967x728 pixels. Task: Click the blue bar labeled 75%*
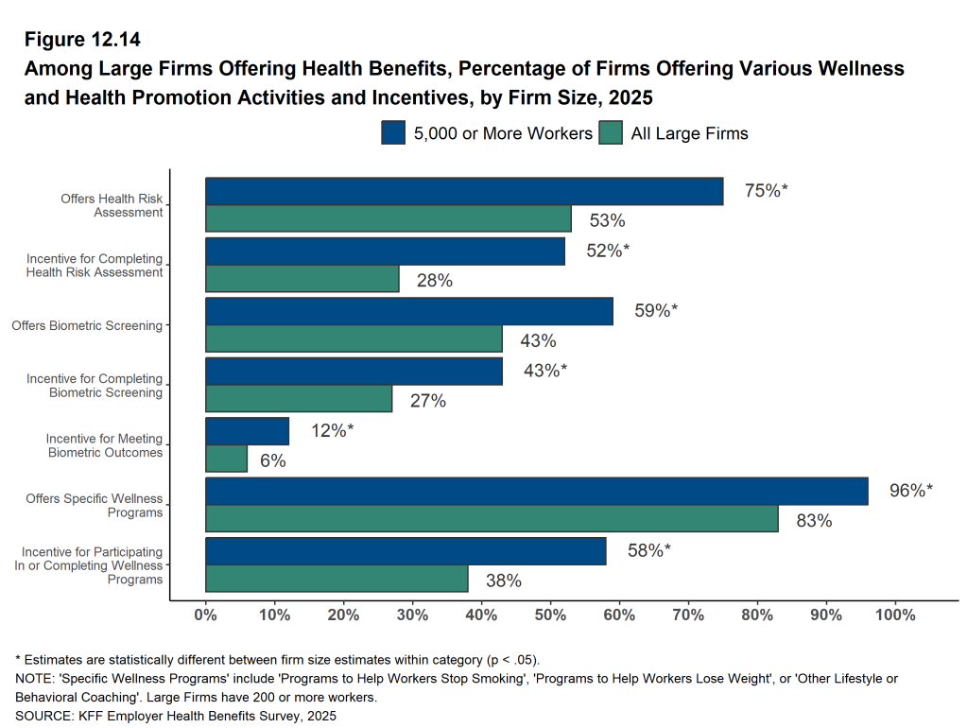point(464,191)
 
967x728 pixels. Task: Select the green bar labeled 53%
point(389,218)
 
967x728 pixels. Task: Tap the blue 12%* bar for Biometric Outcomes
point(247,431)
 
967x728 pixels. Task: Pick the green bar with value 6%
point(226,459)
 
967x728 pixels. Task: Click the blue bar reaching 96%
point(536,491)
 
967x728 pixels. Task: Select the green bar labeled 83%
point(492,518)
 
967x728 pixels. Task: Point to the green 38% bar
point(337,578)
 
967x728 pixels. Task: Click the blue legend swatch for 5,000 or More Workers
point(393,132)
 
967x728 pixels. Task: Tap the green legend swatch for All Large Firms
point(611,132)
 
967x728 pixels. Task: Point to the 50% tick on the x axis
point(550,615)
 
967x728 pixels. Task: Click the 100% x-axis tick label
point(895,615)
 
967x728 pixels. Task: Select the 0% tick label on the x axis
point(205,615)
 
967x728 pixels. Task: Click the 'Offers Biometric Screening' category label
point(87,326)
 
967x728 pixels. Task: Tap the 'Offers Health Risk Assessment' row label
point(112,205)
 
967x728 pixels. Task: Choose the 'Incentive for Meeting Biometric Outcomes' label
point(104,445)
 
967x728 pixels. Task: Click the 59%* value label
point(656,310)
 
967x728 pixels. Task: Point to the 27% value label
point(427,401)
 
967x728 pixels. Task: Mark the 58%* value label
point(649,550)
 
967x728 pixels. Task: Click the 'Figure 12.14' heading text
point(81,40)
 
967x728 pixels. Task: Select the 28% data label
point(434,280)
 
